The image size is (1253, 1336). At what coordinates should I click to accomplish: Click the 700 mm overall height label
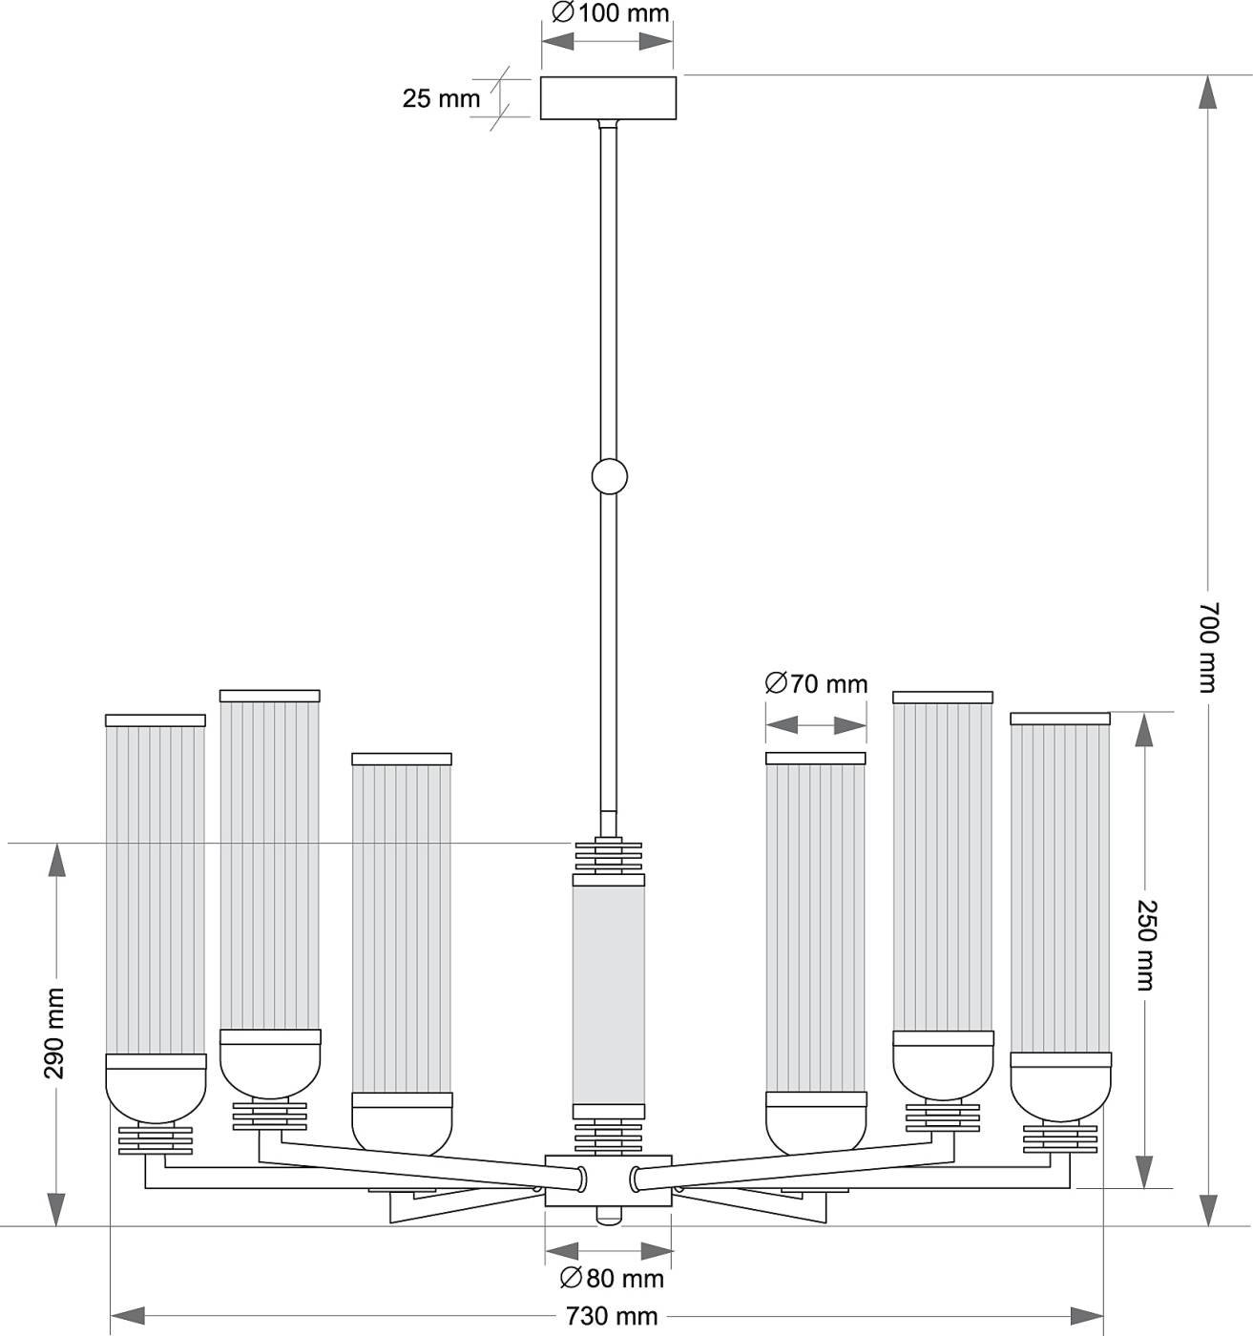(x=1207, y=646)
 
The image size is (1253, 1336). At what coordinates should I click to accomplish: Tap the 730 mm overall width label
(x=612, y=1316)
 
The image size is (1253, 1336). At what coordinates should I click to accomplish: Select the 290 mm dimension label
(x=55, y=1033)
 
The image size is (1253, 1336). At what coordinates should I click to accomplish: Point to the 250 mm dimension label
(x=1146, y=944)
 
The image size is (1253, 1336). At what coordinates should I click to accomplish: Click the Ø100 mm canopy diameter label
(x=611, y=13)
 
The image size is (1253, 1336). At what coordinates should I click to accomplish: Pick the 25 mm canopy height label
(x=441, y=98)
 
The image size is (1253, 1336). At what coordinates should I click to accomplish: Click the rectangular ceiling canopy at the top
(x=608, y=97)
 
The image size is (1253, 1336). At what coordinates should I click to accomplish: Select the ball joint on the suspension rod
(x=609, y=475)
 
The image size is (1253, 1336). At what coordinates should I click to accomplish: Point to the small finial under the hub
(x=608, y=1217)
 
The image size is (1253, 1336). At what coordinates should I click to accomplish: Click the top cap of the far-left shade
(x=156, y=720)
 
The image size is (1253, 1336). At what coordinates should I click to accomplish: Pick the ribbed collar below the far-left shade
(x=156, y=1139)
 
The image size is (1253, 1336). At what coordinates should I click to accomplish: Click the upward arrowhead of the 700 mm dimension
(x=1207, y=93)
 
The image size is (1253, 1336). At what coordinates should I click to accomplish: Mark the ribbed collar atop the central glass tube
(x=609, y=855)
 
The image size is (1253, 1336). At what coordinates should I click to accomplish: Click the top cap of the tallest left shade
(x=270, y=696)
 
